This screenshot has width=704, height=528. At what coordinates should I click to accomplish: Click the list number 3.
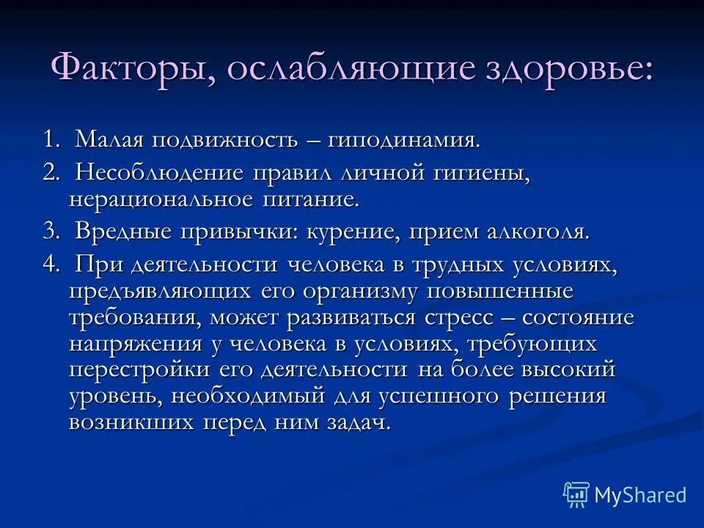50,232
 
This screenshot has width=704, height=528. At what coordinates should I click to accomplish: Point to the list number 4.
50,266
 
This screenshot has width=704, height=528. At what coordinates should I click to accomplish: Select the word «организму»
360,292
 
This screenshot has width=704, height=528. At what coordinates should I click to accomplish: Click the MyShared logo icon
576,494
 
